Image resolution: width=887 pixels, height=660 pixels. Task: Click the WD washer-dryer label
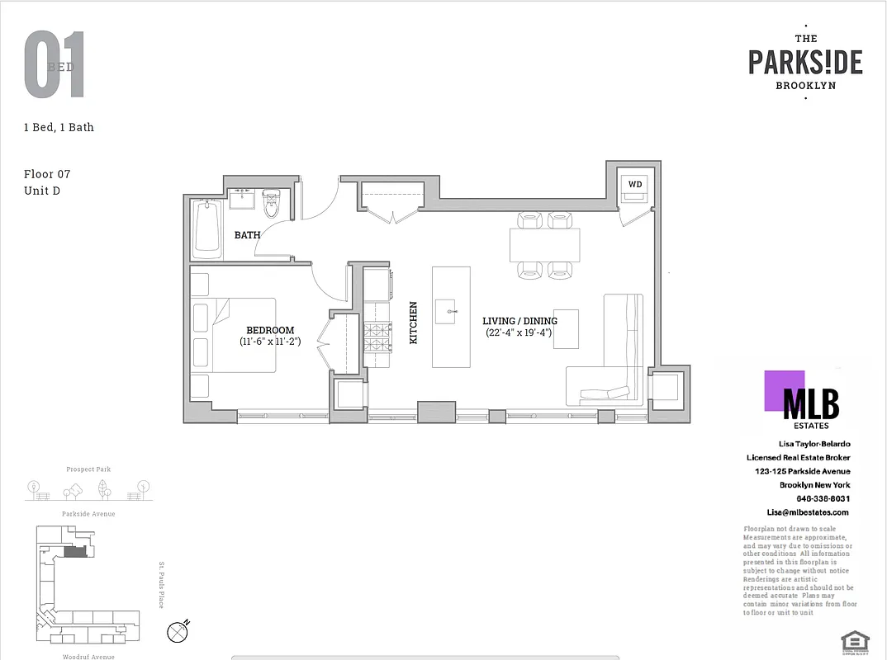634,184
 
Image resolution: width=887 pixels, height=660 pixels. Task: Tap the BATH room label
247,235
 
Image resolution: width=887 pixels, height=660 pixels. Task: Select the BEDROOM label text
270,330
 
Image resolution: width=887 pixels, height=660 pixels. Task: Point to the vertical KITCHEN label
414,323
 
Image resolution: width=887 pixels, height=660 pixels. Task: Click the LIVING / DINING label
519,321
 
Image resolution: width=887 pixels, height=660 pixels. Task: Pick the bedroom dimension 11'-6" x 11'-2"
270,341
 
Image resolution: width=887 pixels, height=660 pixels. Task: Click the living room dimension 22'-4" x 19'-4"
519,333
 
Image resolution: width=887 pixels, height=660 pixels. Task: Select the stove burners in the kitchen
377,337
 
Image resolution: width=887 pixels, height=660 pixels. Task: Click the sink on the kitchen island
452,312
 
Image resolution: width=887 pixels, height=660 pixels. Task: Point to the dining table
545,245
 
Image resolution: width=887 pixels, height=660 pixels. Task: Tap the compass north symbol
178,632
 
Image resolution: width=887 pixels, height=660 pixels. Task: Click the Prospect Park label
88,469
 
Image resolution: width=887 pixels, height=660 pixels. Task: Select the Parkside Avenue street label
88,514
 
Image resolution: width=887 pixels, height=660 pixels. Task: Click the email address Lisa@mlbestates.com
796,512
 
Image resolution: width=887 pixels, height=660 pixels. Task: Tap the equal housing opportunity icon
850,641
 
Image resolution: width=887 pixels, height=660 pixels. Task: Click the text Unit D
42,191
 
